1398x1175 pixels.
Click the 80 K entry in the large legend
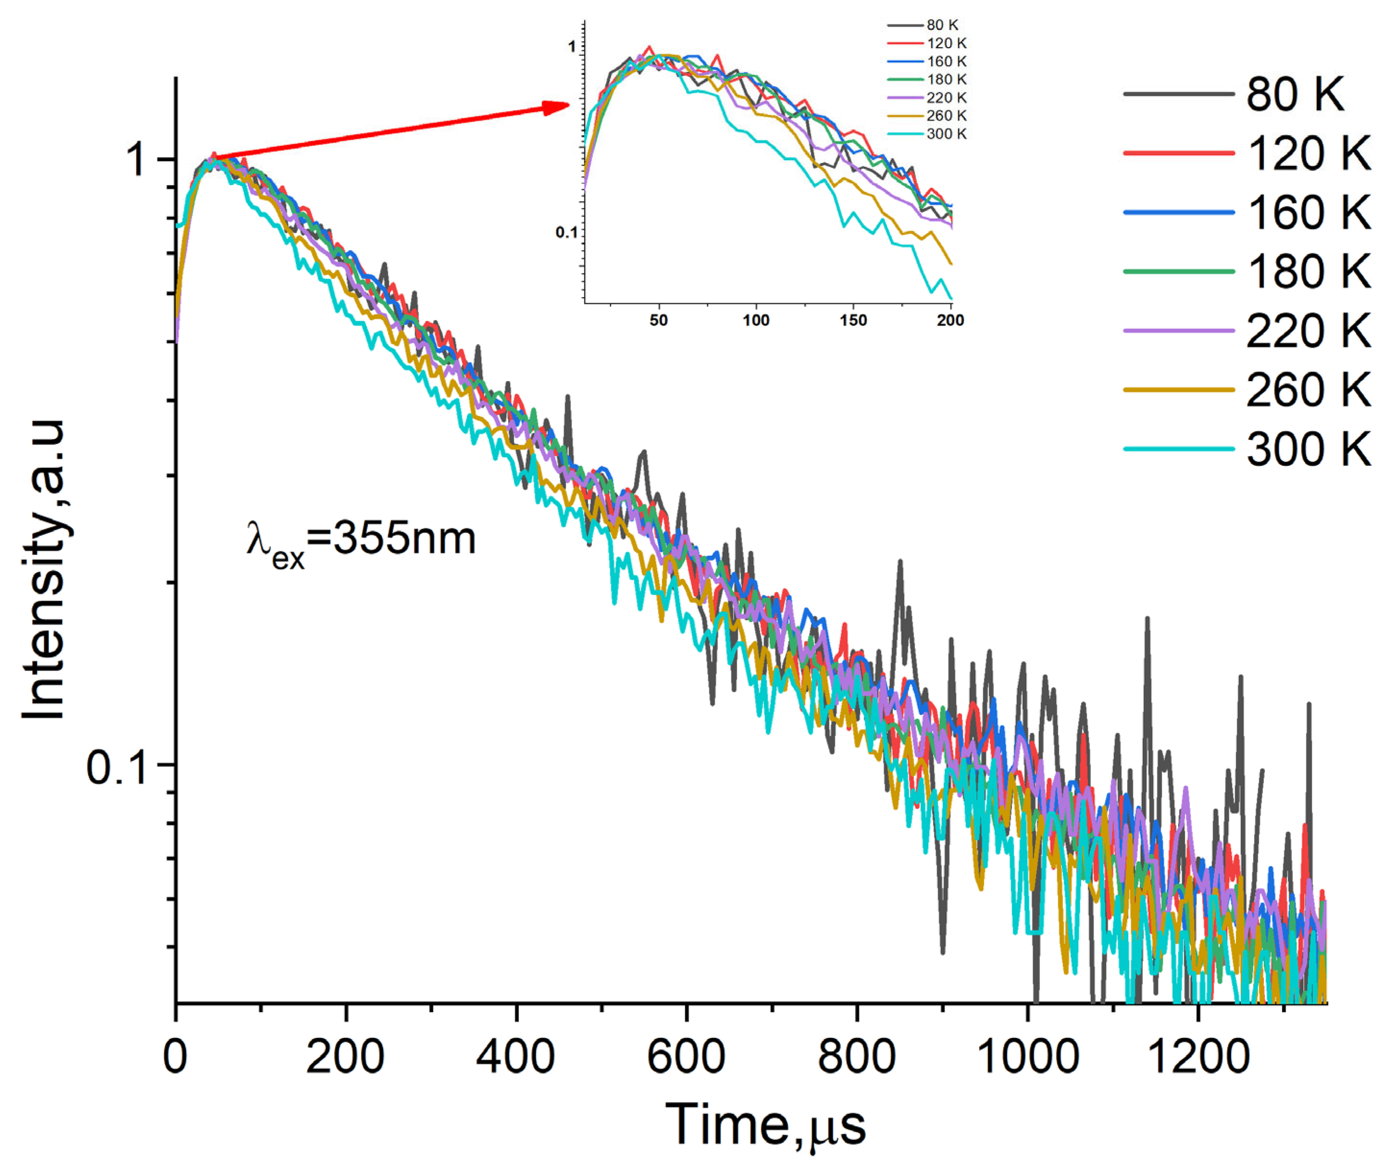click(x=1295, y=94)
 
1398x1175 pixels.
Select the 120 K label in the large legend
click(x=1308, y=153)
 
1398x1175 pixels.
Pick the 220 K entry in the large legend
click(x=1308, y=330)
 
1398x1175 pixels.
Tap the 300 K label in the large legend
click(x=1308, y=449)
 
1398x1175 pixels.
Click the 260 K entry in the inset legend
click(x=946, y=116)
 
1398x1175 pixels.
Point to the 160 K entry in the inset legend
click(x=946, y=61)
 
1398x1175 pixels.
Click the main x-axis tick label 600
click(x=686, y=1057)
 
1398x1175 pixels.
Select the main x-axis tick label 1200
click(x=1198, y=1057)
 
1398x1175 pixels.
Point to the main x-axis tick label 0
click(x=175, y=1057)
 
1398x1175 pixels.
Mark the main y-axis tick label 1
click(x=136, y=160)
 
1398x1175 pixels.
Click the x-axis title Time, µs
click(x=766, y=1125)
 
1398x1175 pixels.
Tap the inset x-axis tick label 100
click(x=755, y=320)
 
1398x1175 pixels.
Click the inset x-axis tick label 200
click(x=950, y=320)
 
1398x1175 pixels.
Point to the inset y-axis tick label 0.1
click(x=567, y=233)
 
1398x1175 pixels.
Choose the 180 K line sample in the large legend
click(x=1178, y=272)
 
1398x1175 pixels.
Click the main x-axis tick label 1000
click(x=1027, y=1057)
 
